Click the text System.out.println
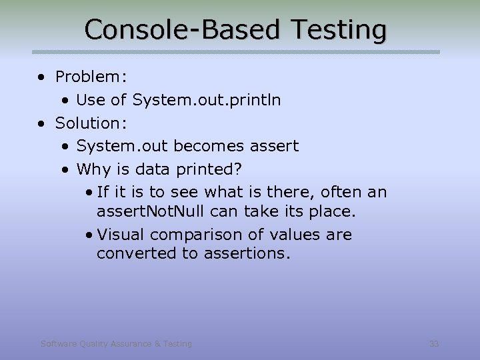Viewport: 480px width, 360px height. pyautogui.click(x=207, y=100)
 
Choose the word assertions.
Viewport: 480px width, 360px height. pyautogui.click(x=248, y=254)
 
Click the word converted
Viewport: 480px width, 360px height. pyautogui.click(x=136, y=254)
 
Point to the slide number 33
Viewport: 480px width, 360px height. pyautogui.click(x=434, y=344)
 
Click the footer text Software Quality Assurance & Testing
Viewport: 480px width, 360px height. pyautogui.click(x=116, y=344)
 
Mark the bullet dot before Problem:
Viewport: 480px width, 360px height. pyautogui.click(x=42, y=77)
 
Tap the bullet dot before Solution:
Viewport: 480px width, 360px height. pyautogui.click(x=42, y=123)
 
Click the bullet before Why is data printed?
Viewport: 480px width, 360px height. pyautogui.click(x=65, y=169)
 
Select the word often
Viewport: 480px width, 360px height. pyautogui.click(x=343, y=193)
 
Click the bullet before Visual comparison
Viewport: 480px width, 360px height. pyautogui.click(x=89, y=235)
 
